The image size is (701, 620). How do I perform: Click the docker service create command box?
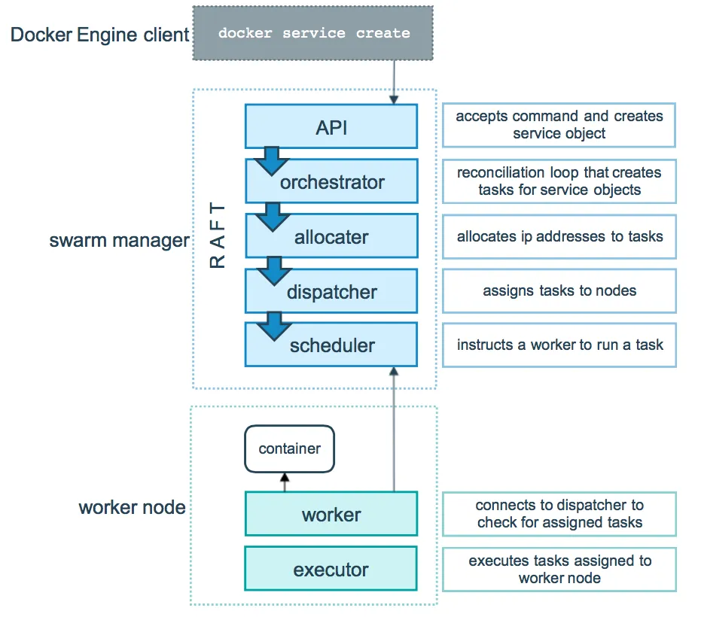(x=314, y=33)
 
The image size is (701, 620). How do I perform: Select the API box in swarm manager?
(x=331, y=126)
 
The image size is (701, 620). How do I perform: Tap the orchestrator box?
(x=331, y=181)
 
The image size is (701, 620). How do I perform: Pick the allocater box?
(x=331, y=236)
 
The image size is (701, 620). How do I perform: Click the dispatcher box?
(x=331, y=291)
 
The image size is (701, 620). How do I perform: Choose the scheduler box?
(x=331, y=345)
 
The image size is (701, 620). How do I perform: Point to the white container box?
(x=289, y=449)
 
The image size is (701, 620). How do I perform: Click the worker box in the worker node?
(x=331, y=515)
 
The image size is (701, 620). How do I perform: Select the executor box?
(x=331, y=570)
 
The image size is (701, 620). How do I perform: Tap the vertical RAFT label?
(x=217, y=236)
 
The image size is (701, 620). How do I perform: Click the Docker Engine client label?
(x=99, y=35)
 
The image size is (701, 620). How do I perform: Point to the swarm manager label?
(x=119, y=241)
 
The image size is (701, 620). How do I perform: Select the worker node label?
(x=132, y=507)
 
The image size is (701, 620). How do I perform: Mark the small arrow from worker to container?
(x=285, y=482)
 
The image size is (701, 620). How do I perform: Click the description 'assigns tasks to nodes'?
(x=559, y=291)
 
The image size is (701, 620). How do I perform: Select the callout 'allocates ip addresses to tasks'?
(x=559, y=236)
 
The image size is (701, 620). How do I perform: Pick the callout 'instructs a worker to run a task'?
(x=559, y=345)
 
